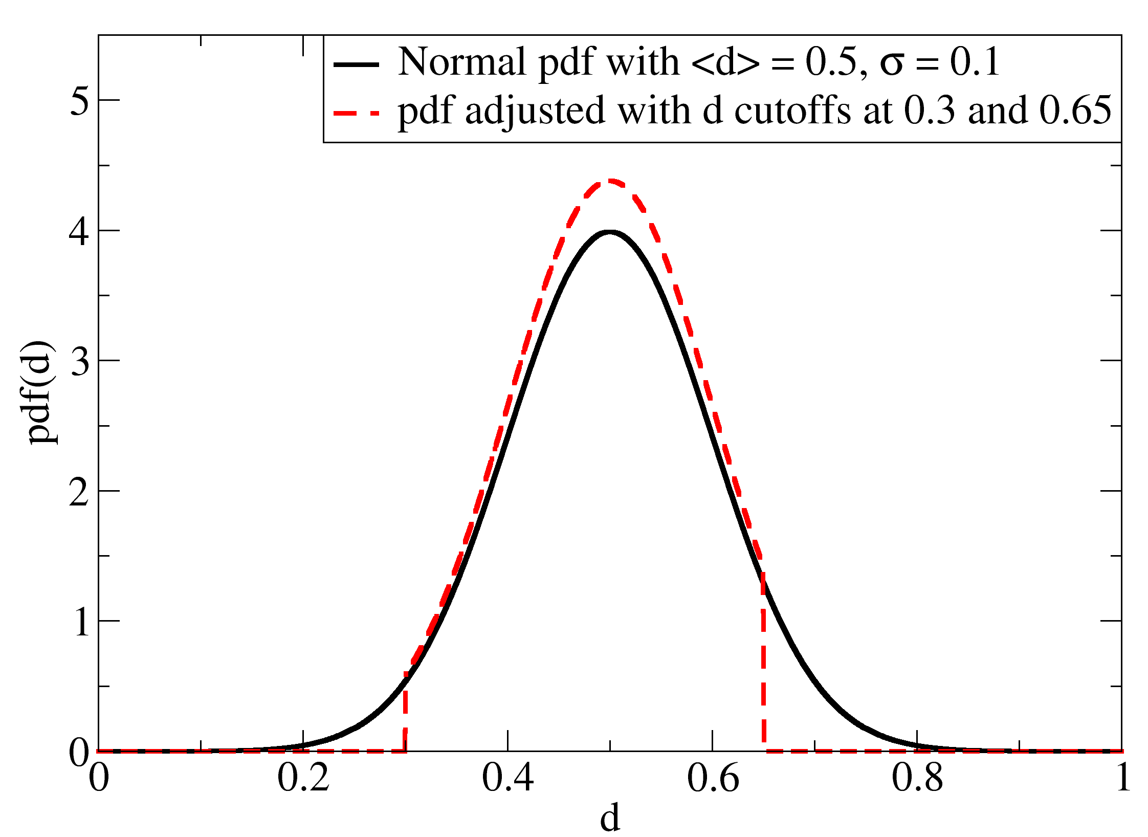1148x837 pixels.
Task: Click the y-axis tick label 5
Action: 80,100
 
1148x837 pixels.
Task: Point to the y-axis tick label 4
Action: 80,231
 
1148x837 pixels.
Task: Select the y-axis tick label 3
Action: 80,361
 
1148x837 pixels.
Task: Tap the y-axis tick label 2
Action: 80,492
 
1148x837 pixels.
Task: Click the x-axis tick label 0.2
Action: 303,779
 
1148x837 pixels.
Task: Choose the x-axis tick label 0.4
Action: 507,779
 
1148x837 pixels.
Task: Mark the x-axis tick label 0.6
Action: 712,779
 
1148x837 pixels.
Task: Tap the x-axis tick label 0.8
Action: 917,779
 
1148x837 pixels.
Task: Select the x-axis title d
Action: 610,818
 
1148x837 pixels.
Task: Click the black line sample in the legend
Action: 356,64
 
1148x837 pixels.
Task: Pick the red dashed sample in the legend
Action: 356,113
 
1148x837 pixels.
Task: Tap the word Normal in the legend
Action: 461,62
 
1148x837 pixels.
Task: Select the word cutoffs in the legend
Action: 792,111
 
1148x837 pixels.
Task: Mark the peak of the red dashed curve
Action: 610,181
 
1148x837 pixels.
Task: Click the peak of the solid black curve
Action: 610,232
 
